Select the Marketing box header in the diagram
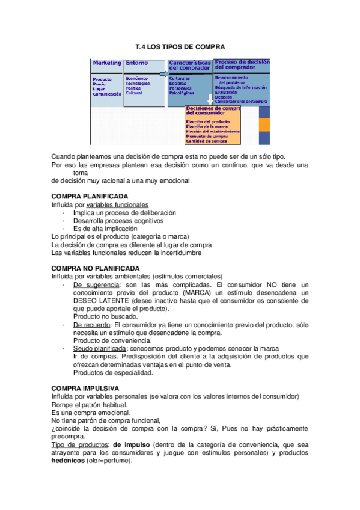pyautogui.click(x=106, y=63)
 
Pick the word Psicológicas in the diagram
pyautogui.click(x=182, y=94)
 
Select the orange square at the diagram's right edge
pyautogui.click(x=264, y=124)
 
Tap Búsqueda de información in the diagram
pyautogui.click(x=241, y=87)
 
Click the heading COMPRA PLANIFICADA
pyautogui.click(x=90, y=196)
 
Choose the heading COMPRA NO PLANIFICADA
pyautogui.click(x=96, y=268)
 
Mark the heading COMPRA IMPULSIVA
pyautogui.click(x=85, y=389)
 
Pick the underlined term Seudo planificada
pyautogui.click(x=99, y=348)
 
